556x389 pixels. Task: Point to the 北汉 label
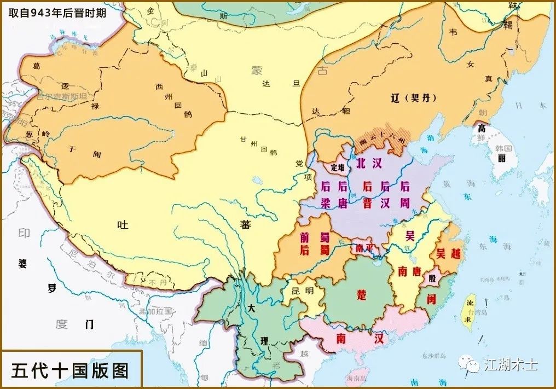click(368, 163)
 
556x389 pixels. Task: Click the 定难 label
click(338, 168)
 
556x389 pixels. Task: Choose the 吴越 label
click(448, 254)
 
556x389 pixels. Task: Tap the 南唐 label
click(410, 271)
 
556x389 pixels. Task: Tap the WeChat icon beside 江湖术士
click(469, 363)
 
